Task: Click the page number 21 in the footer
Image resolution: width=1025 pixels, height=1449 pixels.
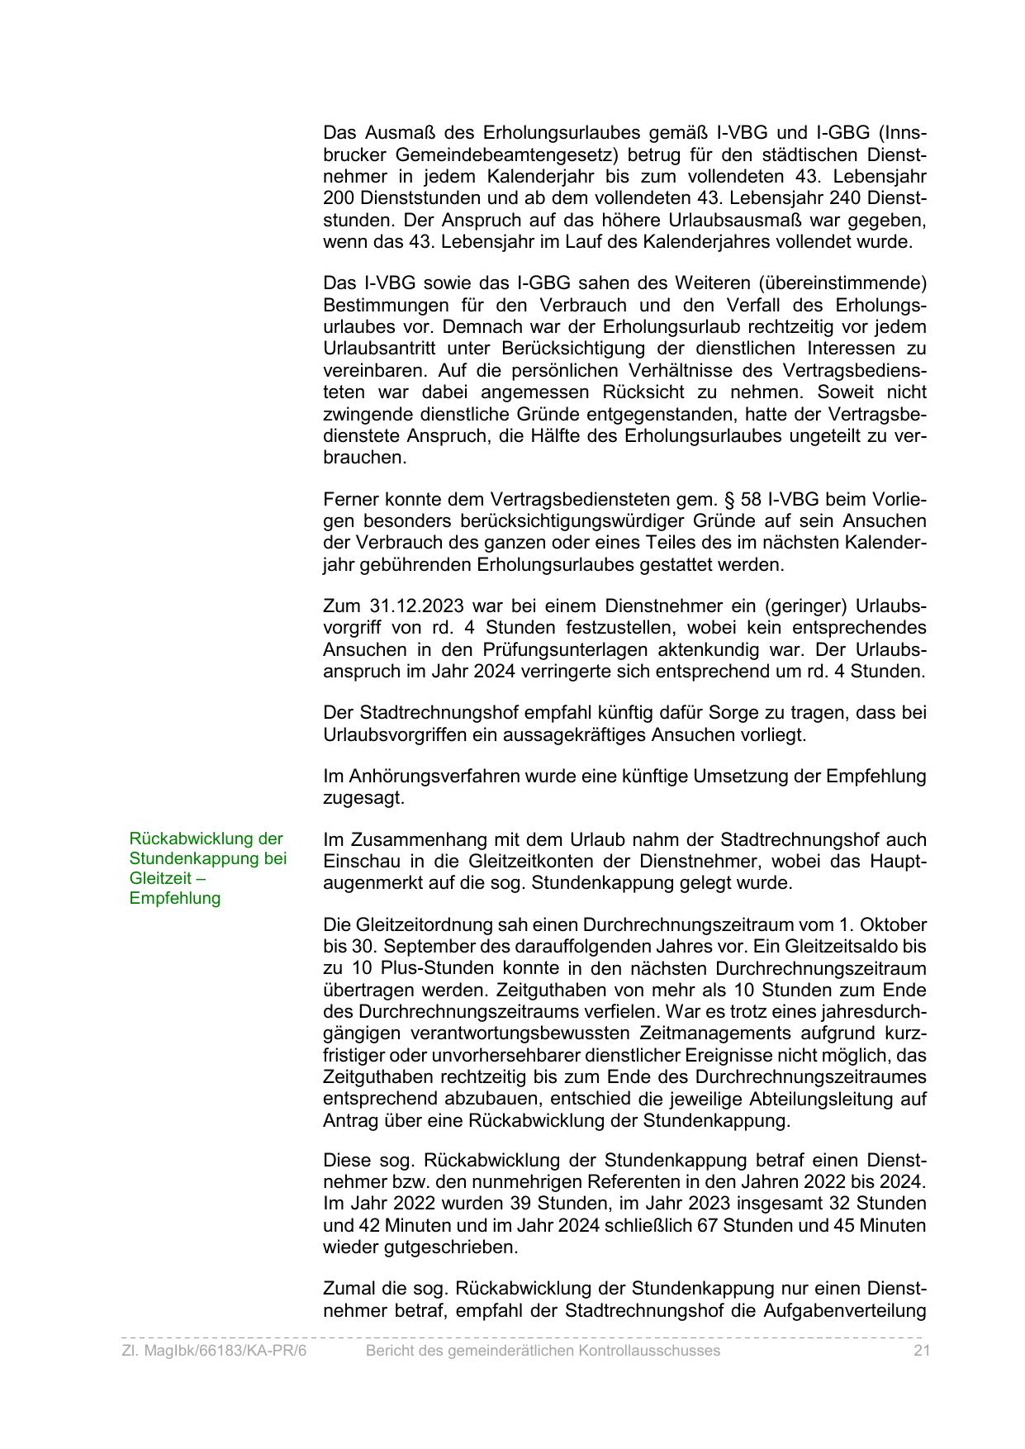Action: [922, 1350]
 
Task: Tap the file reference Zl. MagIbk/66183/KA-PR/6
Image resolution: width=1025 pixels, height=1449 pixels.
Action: [214, 1350]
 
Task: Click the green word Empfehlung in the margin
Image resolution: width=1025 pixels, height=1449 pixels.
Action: [175, 898]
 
